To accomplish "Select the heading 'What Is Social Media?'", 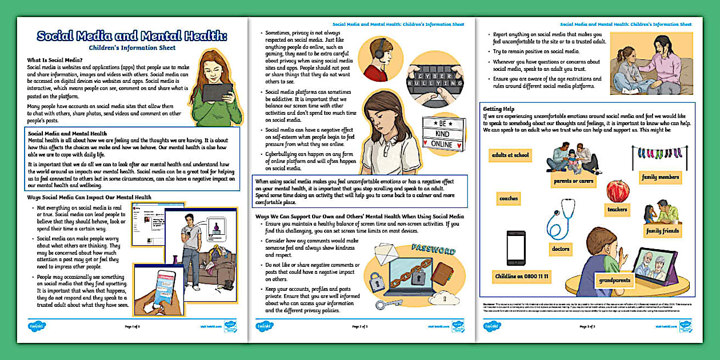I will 55,59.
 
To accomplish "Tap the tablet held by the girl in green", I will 217,91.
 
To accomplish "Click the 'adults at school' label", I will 510,155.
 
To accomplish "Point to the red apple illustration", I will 617,190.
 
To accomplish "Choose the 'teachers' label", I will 617,210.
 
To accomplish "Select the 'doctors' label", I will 561,249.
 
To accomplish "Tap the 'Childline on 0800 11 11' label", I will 521,277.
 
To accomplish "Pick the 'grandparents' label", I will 614,281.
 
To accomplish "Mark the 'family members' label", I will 660,178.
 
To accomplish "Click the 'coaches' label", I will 509,199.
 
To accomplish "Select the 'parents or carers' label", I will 573,181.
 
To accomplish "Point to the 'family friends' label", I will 662,231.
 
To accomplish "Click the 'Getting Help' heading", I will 499,109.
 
